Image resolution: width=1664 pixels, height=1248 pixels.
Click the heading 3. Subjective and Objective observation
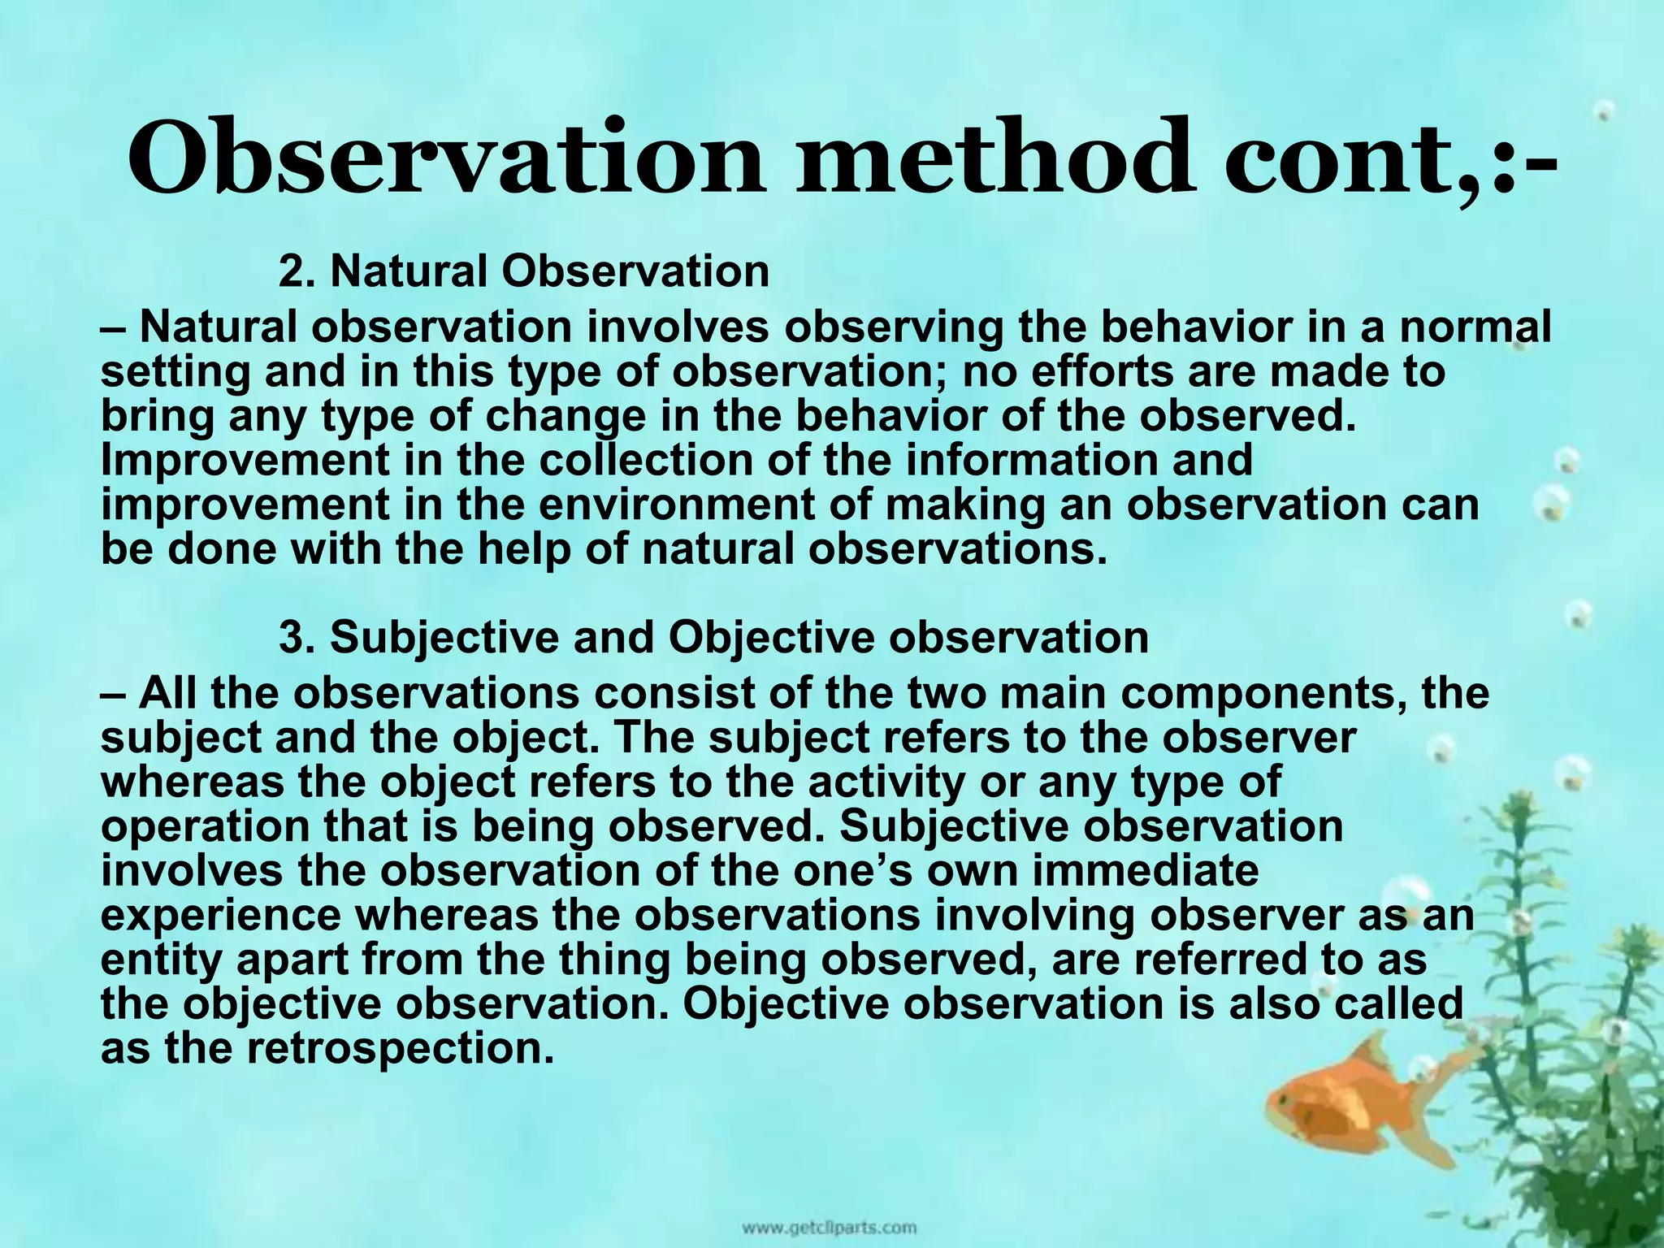713,637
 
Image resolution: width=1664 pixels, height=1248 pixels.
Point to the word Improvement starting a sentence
245,460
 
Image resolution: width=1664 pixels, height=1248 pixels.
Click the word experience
221,916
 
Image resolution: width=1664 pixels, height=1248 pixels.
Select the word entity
162,960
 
